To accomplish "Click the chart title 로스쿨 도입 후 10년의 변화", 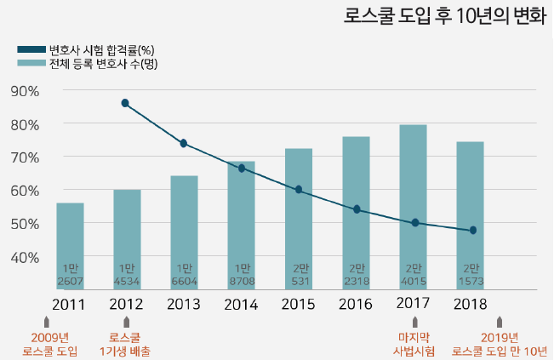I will pyautogui.click(x=444, y=16).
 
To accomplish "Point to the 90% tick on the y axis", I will pyautogui.click(x=26, y=91).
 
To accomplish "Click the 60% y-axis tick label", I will pyautogui.click(x=26, y=190).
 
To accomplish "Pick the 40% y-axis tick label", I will pyautogui.click(x=26, y=256).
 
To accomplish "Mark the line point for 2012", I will pyautogui.click(x=125, y=103).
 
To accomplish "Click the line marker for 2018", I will pyautogui.click(x=472, y=230).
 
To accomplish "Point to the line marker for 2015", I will pyautogui.click(x=299, y=190).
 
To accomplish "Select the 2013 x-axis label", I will pyautogui.click(x=185, y=304).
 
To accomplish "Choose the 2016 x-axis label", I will pyautogui.click(x=357, y=304).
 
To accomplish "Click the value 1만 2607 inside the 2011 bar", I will pyautogui.click(x=70, y=275).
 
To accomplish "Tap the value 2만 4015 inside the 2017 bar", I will pyautogui.click(x=414, y=275).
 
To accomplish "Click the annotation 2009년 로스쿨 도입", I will pyautogui.click(x=49, y=344).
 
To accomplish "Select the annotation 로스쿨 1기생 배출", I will pyautogui.click(x=125, y=344).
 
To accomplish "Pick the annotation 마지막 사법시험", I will pyautogui.click(x=414, y=344).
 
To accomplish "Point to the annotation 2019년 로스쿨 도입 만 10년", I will pyautogui.click(x=500, y=344).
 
